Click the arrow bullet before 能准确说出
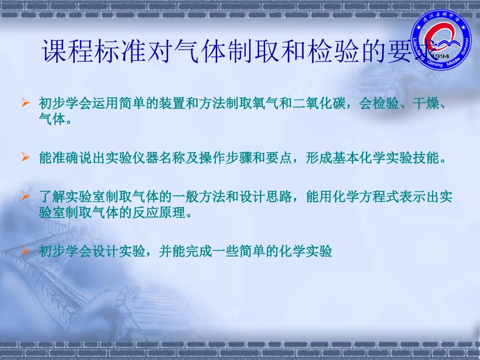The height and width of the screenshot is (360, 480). [26, 158]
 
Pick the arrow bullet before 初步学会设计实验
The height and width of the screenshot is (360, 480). [26, 250]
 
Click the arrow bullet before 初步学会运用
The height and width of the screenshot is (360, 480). [26, 104]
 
